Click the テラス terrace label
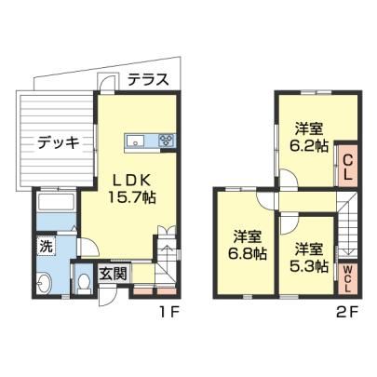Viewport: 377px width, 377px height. click(x=149, y=80)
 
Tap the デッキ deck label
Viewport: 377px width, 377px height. click(x=59, y=143)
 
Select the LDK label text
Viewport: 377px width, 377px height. click(x=131, y=180)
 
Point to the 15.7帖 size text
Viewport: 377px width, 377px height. click(x=131, y=196)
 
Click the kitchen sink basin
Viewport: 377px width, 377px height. click(x=135, y=141)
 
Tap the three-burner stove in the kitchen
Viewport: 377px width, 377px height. click(x=167, y=141)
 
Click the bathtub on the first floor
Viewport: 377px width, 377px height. click(x=56, y=202)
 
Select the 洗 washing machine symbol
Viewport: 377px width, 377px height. click(x=46, y=246)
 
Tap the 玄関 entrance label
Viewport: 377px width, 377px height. click(x=113, y=274)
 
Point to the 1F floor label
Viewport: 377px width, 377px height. click(x=168, y=312)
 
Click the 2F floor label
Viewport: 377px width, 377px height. click(x=347, y=312)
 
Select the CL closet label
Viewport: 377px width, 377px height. click(x=348, y=168)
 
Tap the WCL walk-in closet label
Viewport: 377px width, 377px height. click(x=348, y=279)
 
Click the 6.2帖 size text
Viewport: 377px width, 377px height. click(x=309, y=138)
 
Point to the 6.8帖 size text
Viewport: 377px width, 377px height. click(x=248, y=246)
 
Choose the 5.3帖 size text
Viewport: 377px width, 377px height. click(x=309, y=258)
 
